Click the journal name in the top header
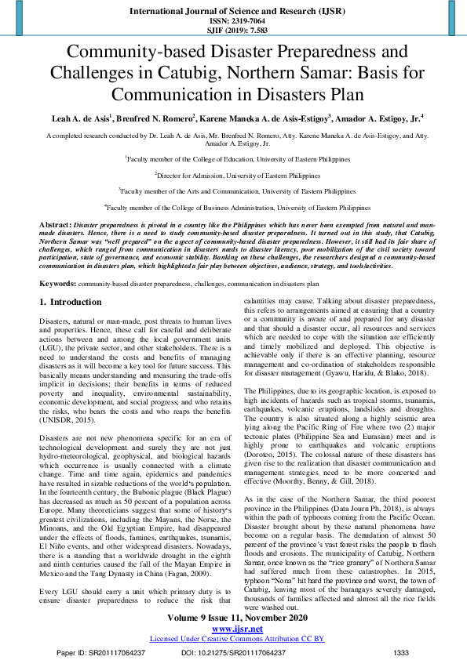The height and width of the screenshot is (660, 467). (x=233, y=12)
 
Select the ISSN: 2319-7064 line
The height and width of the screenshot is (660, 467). (x=233, y=22)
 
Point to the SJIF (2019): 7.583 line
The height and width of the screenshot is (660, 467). (x=233, y=31)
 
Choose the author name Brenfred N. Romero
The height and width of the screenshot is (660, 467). (x=153, y=118)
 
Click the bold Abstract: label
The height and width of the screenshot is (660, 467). (x=55, y=225)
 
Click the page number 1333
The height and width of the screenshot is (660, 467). (x=401, y=652)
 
